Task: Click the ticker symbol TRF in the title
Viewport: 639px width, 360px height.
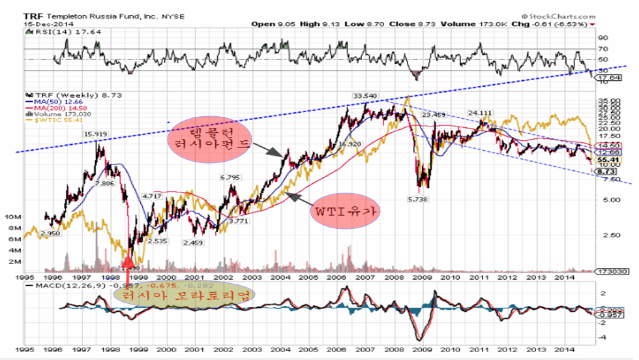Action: coord(31,15)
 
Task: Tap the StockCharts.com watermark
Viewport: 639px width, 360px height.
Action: coord(559,15)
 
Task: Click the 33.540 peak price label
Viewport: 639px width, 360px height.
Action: coord(365,96)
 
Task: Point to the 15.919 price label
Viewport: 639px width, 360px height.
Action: coord(96,135)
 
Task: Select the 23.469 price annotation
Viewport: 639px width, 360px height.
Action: coord(434,115)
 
